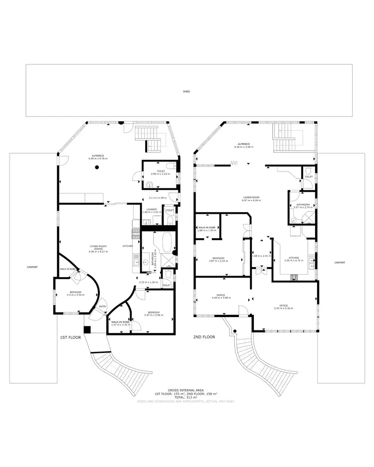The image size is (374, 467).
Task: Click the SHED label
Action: [x=187, y=92]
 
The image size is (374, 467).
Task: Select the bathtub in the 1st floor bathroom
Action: [x=165, y=244]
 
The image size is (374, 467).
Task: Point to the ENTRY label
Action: [x=103, y=307]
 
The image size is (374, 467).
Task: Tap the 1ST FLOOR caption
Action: [x=70, y=337]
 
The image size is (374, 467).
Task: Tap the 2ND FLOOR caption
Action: [x=204, y=337]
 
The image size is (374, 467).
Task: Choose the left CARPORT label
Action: [x=32, y=267]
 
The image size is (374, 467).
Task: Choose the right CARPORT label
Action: [x=340, y=262]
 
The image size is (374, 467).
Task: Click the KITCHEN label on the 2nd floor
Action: [x=290, y=257]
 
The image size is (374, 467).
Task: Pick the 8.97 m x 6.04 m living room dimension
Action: [x=252, y=200]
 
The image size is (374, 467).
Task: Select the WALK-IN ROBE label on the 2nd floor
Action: [x=206, y=227]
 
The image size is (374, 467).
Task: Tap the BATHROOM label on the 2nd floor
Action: [x=303, y=204]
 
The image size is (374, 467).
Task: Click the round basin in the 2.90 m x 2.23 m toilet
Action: [x=150, y=184]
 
